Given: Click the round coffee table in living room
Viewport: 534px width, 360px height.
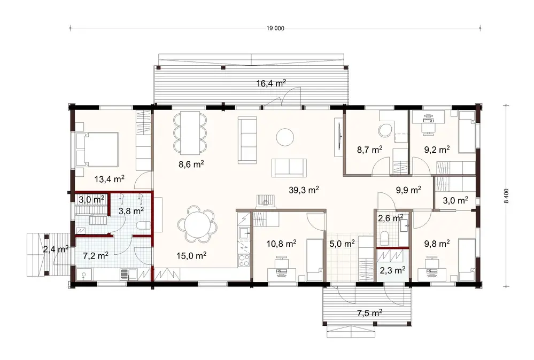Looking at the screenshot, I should point(285,137).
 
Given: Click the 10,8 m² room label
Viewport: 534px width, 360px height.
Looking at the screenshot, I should point(281,244).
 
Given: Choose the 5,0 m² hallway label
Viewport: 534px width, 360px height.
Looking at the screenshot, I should point(342,244).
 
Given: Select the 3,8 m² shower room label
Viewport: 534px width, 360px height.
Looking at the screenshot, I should point(130,210).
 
